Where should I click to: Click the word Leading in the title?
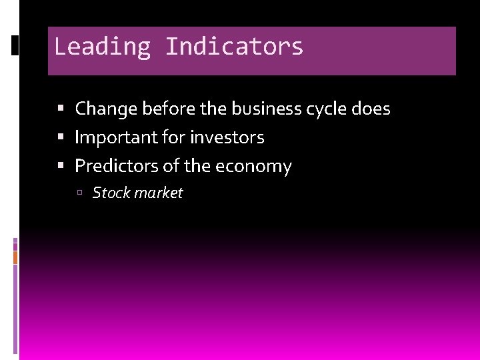(x=103, y=47)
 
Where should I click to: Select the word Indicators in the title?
(x=234, y=47)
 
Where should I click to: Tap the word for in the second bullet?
(x=173, y=137)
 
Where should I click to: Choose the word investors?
(x=227, y=137)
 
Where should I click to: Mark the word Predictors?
(x=117, y=166)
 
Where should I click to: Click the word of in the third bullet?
(x=171, y=166)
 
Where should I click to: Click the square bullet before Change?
(x=61, y=109)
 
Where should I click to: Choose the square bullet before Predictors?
(x=61, y=166)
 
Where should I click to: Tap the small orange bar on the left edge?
(x=15, y=257)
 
